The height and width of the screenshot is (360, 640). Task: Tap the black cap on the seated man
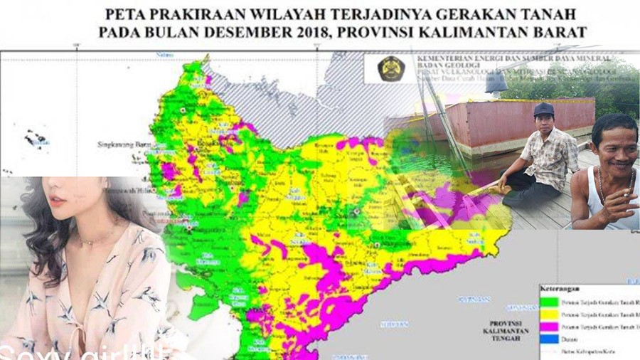click(544, 109)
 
